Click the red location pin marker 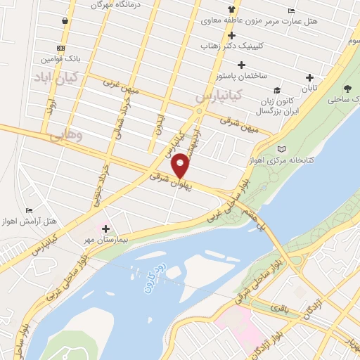(x=181, y=165)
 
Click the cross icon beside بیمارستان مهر (x=105, y=229)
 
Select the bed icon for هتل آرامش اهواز (x=29, y=210)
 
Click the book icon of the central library (x=282, y=149)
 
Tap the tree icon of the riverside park (x=347, y=89)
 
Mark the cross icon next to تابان (x=309, y=78)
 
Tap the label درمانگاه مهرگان (x=115, y=5)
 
